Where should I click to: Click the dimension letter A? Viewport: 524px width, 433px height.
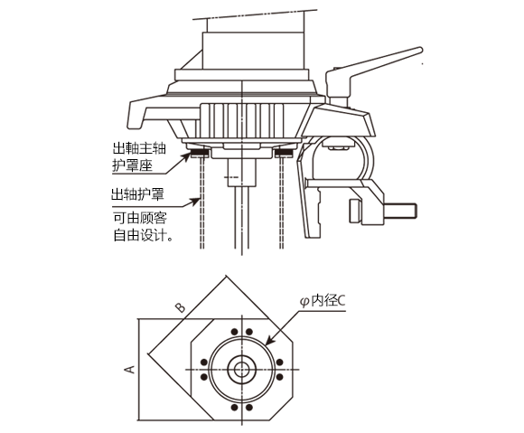(x=129, y=369)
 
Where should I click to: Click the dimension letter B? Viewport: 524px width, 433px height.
(x=180, y=307)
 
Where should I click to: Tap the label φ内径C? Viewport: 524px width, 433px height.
(x=323, y=301)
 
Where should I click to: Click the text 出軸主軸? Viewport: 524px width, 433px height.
(x=139, y=148)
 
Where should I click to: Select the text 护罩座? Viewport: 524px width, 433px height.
(x=132, y=165)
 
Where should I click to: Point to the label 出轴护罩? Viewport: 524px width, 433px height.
(x=137, y=194)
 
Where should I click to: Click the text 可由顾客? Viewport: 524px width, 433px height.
(x=140, y=218)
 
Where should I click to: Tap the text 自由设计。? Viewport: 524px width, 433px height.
(x=143, y=235)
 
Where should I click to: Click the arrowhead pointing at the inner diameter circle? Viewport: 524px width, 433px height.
(x=269, y=341)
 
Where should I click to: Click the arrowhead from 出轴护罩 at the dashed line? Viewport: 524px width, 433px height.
(x=195, y=202)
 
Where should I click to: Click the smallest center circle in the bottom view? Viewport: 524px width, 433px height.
(x=241, y=370)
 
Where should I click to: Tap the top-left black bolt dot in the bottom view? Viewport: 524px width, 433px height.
(x=235, y=332)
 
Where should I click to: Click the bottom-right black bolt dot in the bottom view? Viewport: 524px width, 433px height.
(x=249, y=408)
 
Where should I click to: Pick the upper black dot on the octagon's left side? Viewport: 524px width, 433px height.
(x=203, y=362)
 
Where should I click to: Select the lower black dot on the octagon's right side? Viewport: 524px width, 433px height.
(x=280, y=377)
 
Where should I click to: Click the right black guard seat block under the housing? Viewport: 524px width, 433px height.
(x=284, y=153)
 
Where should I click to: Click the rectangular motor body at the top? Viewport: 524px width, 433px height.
(x=254, y=51)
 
